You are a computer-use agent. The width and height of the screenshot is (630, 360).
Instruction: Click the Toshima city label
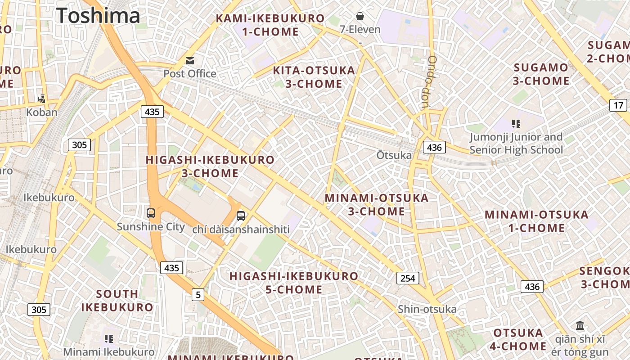coord(98,16)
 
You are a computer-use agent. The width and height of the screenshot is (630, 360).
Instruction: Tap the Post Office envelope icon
coord(190,60)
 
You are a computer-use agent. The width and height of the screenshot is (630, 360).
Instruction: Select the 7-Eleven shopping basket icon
coord(360,17)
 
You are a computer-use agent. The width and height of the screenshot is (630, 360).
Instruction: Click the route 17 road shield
coord(619,105)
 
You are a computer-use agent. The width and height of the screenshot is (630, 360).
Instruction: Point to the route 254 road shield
coord(408,278)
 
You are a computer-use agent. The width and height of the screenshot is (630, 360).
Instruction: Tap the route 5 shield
coord(198,295)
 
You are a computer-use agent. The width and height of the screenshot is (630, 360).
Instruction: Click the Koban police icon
coord(42,99)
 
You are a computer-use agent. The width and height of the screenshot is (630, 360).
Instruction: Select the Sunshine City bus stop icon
coord(151,213)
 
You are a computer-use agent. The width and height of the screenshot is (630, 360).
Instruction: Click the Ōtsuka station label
coord(394,155)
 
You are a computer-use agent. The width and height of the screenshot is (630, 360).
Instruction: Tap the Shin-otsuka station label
coord(427,309)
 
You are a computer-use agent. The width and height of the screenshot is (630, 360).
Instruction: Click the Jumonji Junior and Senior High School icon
coord(516,123)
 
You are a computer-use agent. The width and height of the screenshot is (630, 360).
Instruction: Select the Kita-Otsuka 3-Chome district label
coord(314,77)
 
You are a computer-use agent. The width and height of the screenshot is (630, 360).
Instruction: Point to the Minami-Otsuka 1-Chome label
coord(536,221)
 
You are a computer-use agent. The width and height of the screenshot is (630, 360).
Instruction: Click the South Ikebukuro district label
coord(117,301)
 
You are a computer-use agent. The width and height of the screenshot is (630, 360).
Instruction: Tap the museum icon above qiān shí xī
coord(580,325)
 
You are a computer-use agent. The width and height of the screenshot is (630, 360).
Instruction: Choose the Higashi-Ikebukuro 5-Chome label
coord(294,283)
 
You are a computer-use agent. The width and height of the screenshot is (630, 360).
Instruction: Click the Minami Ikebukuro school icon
coord(108,338)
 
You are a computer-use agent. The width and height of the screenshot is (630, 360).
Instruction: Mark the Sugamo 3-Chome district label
coord(541,74)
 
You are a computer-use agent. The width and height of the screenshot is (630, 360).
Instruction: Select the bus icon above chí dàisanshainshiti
coord(241,216)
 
